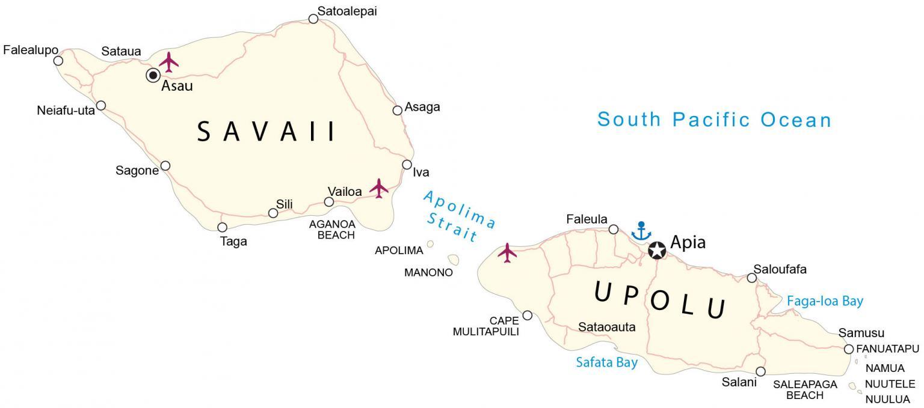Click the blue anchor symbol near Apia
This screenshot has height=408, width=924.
(x=641, y=231)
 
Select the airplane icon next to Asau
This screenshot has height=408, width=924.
(x=169, y=62)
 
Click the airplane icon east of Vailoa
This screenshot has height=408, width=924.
(x=379, y=188)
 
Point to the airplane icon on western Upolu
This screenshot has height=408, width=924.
(x=507, y=253)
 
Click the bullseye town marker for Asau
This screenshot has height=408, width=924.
(x=153, y=75)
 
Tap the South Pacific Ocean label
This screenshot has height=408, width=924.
(x=714, y=120)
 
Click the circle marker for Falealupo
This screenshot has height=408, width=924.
(x=58, y=61)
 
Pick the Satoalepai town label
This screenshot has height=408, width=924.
(x=347, y=11)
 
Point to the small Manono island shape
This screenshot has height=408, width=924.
(x=453, y=260)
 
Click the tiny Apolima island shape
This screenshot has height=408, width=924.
(x=430, y=244)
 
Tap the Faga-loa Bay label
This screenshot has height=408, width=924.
(x=825, y=302)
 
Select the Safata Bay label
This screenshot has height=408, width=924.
(x=606, y=362)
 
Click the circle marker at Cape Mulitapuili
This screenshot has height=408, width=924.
(x=528, y=315)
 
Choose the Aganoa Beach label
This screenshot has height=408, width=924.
(x=332, y=230)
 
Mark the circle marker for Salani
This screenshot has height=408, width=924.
(x=760, y=371)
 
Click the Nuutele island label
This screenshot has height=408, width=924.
(x=890, y=384)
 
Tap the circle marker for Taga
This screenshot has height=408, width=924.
(x=222, y=227)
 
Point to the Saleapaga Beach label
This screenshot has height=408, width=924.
(x=805, y=389)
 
